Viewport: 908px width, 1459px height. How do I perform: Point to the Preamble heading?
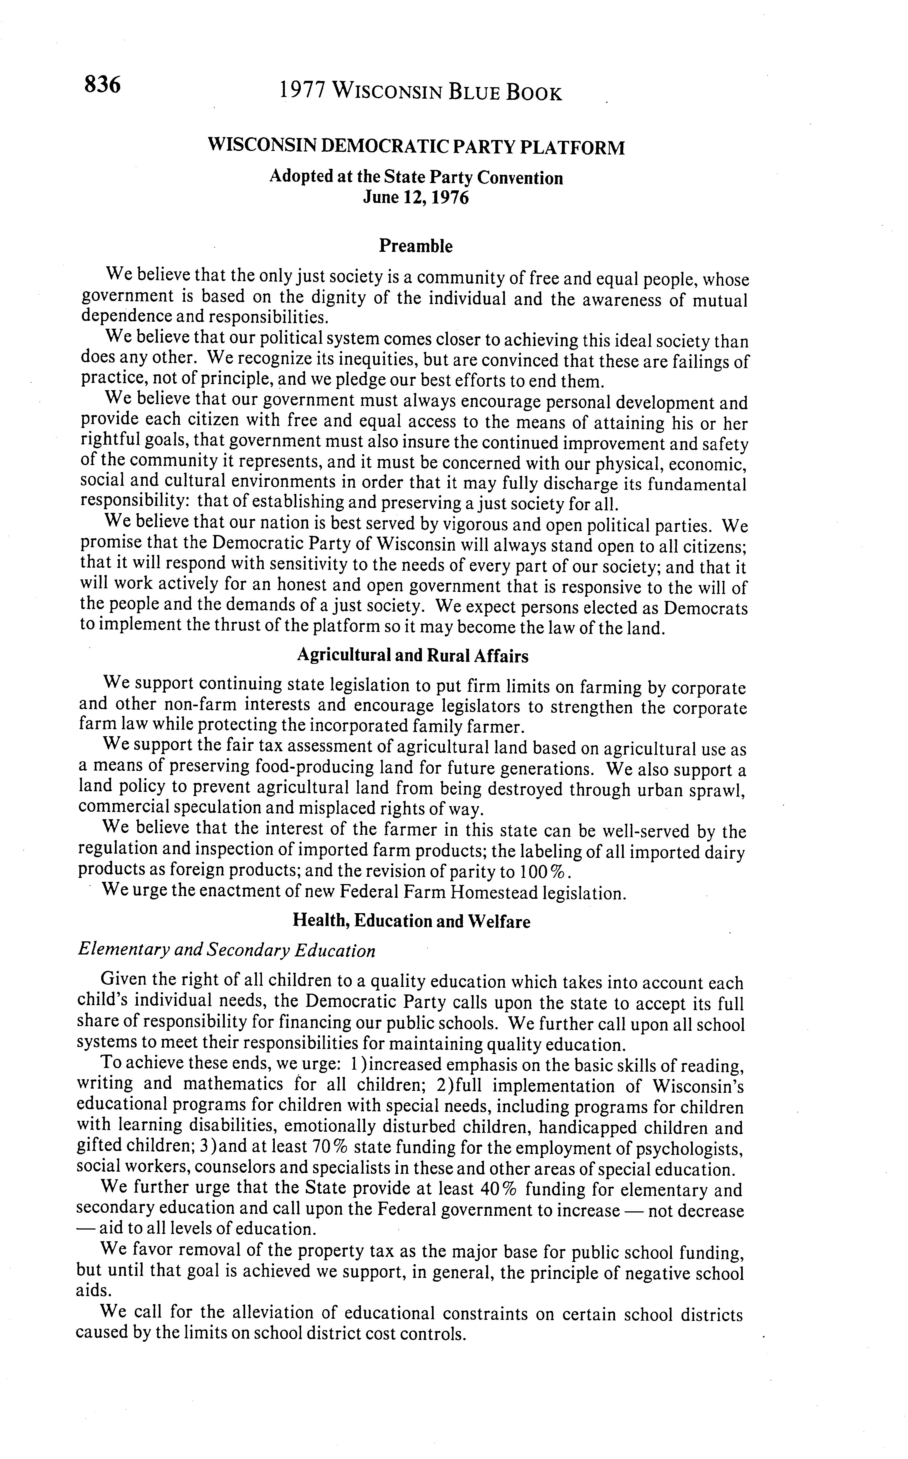(x=416, y=246)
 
